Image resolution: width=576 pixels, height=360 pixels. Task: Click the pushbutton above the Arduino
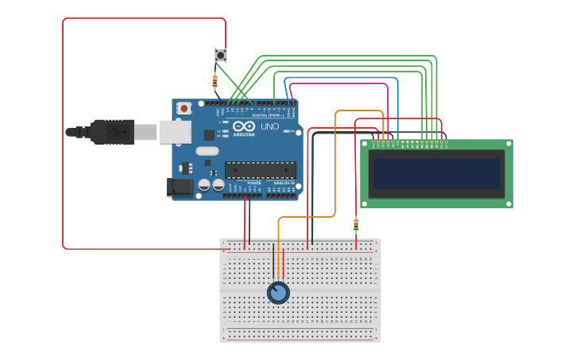click(221, 55)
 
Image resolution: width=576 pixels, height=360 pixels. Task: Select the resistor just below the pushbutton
click(215, 79)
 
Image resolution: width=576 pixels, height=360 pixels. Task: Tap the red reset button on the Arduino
click(184, 108)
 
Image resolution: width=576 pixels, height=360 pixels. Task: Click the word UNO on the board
click(270, 126)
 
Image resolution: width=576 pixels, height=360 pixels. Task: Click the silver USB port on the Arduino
click(175, 132)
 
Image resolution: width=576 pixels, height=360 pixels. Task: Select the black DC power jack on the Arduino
click(180, 187)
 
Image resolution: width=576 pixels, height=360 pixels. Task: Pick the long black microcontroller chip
click(261, 169)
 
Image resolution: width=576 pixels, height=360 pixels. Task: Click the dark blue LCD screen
click(437, 173)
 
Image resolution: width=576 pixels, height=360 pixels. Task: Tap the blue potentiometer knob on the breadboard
click(278, 293)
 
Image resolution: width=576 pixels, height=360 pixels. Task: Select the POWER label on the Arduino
click(254, 184)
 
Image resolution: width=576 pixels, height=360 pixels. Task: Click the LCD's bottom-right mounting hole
click(508, 203)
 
